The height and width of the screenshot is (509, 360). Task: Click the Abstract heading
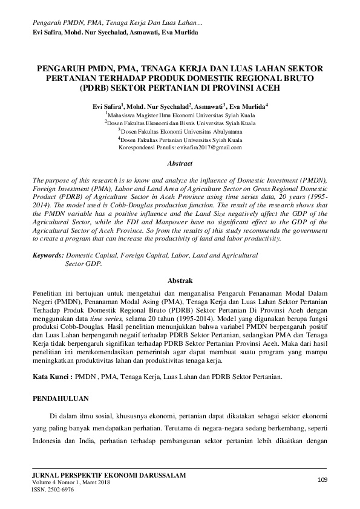coord(180,163)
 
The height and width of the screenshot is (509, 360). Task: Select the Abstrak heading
coord(180,280)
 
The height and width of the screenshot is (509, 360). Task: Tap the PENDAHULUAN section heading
coord(61,399)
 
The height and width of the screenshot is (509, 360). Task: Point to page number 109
coord(322,480)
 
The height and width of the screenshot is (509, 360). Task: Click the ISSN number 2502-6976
coord(52,490)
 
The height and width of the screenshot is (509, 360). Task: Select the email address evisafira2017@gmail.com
coord(209,147)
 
